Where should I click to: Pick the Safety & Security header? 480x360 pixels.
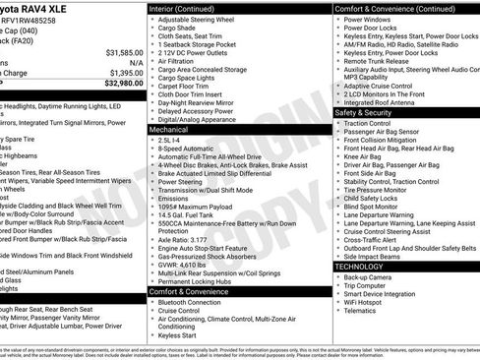[x=363, y=112]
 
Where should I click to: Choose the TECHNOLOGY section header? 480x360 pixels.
[x=361, y=267]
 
